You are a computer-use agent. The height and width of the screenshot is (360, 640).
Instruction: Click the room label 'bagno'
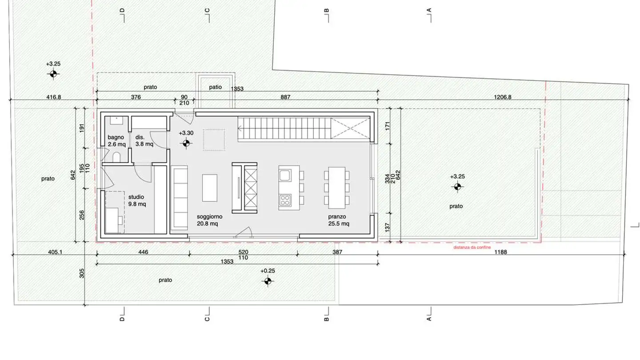pyautogui.click(x=116, y=137)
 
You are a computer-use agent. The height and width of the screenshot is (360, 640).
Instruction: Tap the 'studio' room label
pyautogui.click(x=136, y=197)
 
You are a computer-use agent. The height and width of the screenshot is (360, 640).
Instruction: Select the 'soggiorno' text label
pyautogui.click(x=209, y=216)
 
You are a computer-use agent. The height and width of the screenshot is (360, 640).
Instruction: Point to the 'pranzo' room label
pyautogui.click(x=337, y=216)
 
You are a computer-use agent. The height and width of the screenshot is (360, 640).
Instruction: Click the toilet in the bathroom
pyautogui.click(x=116, y=157)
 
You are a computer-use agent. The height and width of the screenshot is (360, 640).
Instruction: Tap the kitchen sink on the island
pyautogui.click(x=285, y=175)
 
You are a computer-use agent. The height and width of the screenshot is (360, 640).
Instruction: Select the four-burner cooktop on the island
pyautogui.click(x=285, y=200)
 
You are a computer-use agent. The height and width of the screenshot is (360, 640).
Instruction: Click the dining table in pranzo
pyautogui.click(x=337, y=188)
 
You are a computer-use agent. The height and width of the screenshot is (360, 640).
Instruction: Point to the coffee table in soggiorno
pyautogui.click(x=210, y=188)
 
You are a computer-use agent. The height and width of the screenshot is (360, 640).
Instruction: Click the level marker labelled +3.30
pyautogui.click(x=186, y=143)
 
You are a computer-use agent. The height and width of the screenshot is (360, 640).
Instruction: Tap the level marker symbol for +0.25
pyautogui.click(x=268, y=281)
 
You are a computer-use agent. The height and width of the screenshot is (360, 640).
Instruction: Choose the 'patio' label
pyautogui.click(x=215, y=87)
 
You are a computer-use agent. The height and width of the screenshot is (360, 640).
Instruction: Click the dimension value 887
pyautogui.click(x=285, y=97)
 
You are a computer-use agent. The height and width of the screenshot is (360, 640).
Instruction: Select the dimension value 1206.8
pyautogui.click(x=503, y=97)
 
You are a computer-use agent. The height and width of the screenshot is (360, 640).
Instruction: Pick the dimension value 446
pyautogui.click(x=143, y=252)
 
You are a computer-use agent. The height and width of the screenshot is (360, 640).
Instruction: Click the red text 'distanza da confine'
pyautogui.click(x=472, y=247)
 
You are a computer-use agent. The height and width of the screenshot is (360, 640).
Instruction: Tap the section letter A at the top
pyautogui.click(x=429, y=10)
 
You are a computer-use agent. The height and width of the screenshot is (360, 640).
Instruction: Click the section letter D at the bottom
pyautogui.click(x=122, y=319)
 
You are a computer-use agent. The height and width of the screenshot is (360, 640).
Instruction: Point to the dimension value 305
pyautogui.click(x=82, y=273)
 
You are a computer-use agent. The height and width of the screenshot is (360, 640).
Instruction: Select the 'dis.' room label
pyautogui.click(x=140, y=137)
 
